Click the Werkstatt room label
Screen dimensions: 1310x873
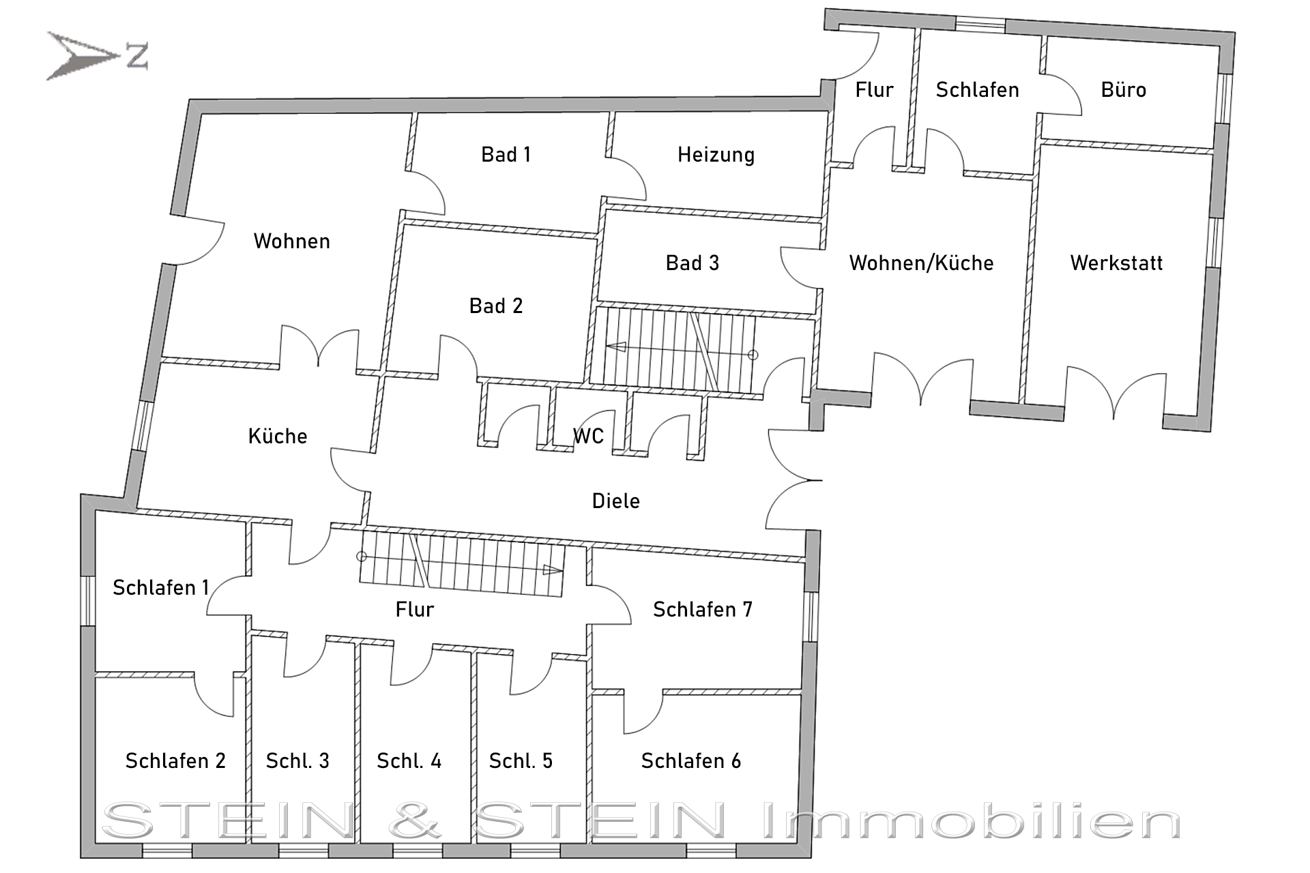point(1116,263)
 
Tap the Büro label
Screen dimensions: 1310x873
point(1123,89)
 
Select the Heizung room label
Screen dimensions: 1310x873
point(716,156)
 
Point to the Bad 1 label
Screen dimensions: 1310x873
point(506,155)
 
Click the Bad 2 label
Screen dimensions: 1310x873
point(496,306)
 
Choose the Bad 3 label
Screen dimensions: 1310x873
point(693,263)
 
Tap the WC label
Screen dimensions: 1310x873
point(588,436)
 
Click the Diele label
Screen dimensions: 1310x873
point(616,501)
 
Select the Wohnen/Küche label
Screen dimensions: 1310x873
point(921,263)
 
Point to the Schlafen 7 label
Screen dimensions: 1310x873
point(703,609)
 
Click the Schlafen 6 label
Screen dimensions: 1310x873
point(691,760)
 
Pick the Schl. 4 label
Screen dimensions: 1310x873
point(409,760)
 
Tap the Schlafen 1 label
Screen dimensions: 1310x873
point(161,587)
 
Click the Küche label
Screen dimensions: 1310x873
point(278,436)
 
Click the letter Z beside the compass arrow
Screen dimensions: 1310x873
point(137,56)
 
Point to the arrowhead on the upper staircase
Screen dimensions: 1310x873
point(616,346)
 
